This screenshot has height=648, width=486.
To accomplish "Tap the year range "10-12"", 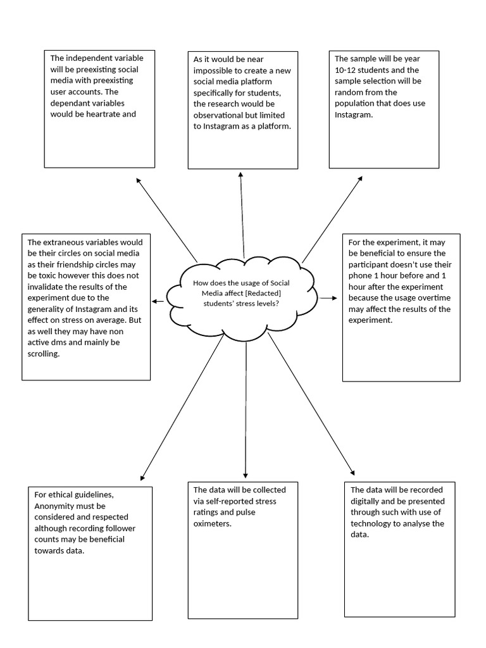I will [x=346, y=70].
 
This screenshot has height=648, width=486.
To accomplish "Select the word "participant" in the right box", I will [x=371, y=264].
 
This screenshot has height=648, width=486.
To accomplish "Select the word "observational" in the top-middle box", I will [x=218, y=115].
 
